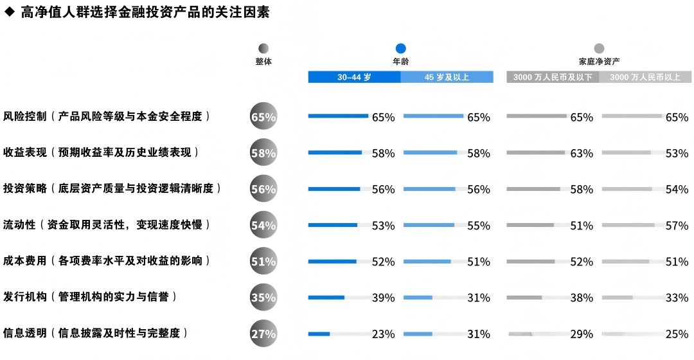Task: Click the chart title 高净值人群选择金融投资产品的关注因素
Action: (145, 13)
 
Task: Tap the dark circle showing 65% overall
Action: (263, 117)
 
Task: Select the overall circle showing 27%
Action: (263, 334)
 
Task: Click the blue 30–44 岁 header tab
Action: (354, 77)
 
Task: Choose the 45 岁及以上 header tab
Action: (447, 77)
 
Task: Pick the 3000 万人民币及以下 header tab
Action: (553, 77)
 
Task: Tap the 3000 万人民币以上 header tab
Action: (645, 77)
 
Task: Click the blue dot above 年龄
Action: (401, 48)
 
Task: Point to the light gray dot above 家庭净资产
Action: (599, 48)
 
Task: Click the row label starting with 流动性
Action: (107, 225)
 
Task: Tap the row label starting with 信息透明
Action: (96, 333)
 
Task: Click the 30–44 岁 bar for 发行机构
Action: (326, 298)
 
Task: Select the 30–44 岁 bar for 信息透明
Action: (319, 334)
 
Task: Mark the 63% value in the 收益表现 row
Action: (582, 154)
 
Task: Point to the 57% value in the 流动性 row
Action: (677, 226)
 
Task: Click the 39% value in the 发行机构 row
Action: (384, 298)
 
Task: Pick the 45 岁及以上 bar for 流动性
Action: (429, 225)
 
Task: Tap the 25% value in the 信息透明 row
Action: (677, 334)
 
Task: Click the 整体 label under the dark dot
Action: (263, 62)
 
